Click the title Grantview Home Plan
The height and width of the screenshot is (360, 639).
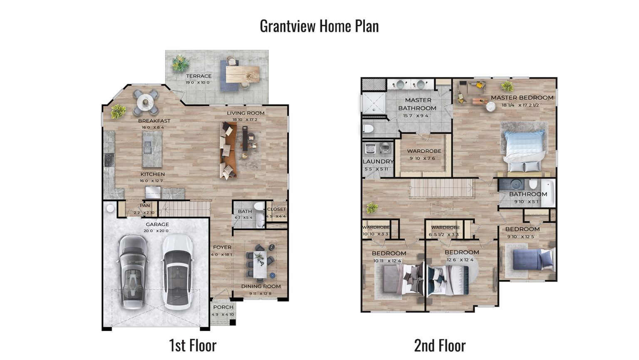tap(319, 26)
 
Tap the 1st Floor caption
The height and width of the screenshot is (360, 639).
tap(193, 345)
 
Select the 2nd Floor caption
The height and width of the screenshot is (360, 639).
tap(440, 345)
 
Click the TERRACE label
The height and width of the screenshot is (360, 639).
tap(198, 76)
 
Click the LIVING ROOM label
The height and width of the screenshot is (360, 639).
tap(245, 113)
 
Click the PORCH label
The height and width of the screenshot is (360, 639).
tap(223, 307)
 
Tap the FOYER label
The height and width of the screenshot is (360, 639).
tap(222, 247)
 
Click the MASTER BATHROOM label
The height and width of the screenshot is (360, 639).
tap(418, 104)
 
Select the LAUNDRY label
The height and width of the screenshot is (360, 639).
tap(378, 161)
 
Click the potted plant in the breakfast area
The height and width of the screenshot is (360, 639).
tap(118, 111)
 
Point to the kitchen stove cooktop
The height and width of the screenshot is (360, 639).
tap(109, 159)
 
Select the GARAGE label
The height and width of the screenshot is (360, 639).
tap(157, 224)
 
